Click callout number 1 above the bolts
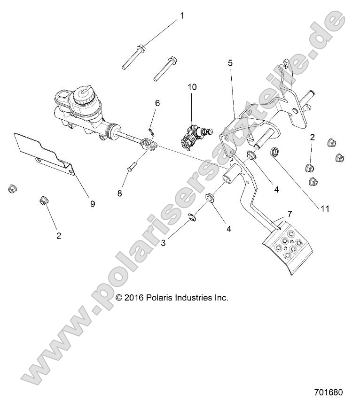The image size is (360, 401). (x=182, y=16)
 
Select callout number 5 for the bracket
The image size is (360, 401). (x=230, y=62)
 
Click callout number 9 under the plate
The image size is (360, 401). (x=92, y=203)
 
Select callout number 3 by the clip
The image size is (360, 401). (x=163, y=243)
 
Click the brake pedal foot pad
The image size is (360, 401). (x=286, y=247)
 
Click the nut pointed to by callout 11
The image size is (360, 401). (x=274, y=152)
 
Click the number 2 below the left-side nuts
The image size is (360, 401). (x=59, y=236)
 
